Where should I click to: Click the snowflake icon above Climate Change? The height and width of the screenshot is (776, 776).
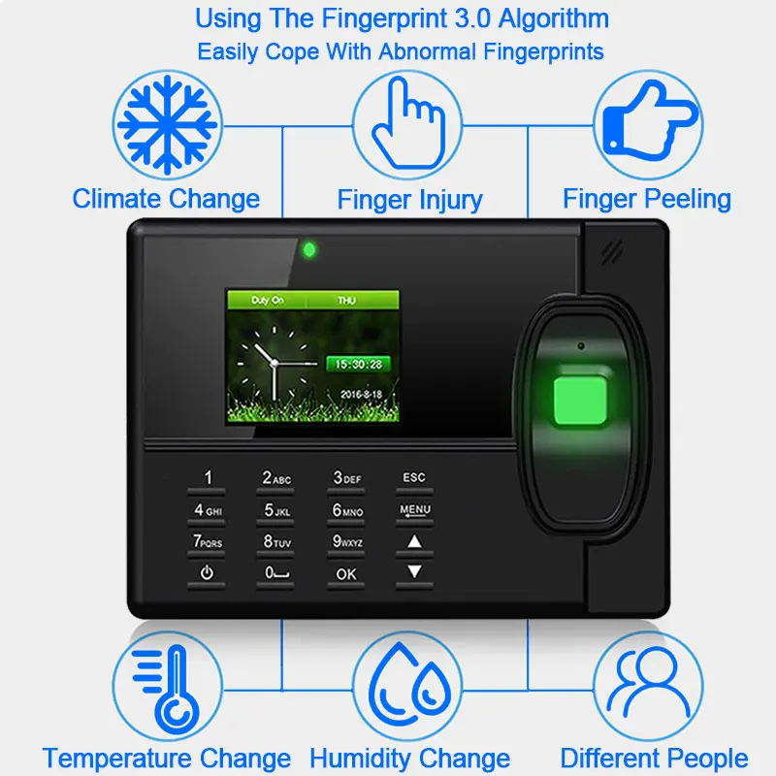coord(166,124)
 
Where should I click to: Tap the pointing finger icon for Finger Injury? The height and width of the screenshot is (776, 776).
coord(408,124)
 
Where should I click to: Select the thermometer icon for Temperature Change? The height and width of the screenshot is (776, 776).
coord(166,686)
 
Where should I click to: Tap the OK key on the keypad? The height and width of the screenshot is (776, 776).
coord(346,573)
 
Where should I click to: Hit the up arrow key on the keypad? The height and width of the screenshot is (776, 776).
coord(414,541)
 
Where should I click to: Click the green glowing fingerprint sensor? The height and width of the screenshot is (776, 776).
coord(580,401)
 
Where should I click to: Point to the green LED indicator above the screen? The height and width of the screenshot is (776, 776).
coord(309,249)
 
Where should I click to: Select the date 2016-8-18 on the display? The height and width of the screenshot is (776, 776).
coord(360,395)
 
